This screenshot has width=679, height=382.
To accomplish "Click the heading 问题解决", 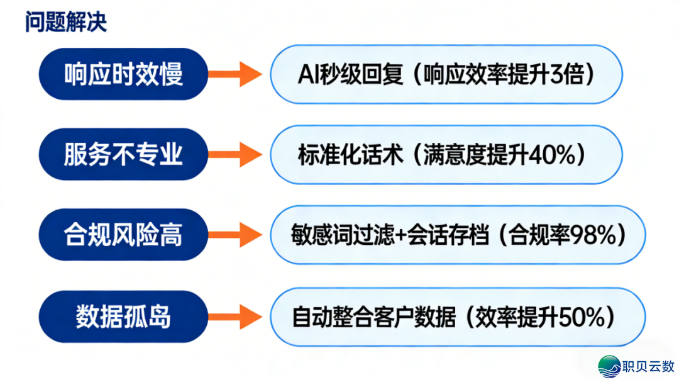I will pos(66,22).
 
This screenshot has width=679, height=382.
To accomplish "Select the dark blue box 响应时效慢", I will pos(123,74).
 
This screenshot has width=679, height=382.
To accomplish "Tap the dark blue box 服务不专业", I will pos(123,154).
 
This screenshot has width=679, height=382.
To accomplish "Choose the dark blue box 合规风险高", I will pos(123,235).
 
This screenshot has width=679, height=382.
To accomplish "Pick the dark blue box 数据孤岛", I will pos(123,316).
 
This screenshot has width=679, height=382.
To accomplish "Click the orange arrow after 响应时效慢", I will pos(234,75).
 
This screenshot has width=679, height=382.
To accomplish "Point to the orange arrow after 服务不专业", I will pos(234,154).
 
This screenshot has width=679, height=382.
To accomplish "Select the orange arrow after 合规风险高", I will pos(234,235).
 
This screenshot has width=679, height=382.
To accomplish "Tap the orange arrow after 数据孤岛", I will pos(234,317).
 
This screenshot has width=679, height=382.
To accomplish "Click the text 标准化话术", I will pos(350,154).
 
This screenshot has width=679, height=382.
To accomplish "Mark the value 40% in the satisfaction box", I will pos(553,154).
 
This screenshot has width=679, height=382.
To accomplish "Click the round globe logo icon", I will pos(609,366).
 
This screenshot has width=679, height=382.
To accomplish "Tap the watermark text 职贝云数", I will pos(648,366).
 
